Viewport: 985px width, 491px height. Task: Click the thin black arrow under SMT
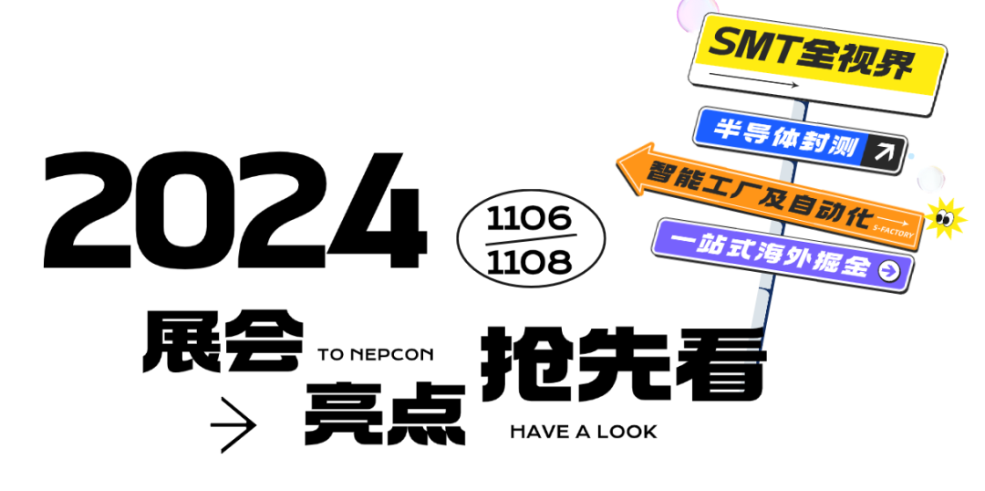click(x=753, y=80)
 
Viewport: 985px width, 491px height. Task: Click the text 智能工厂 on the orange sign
click(x=703, y=182)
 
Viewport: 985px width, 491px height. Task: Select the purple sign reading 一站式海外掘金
click(x=771, y=254)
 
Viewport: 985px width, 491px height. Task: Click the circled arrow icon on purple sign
click(x=888, y=270)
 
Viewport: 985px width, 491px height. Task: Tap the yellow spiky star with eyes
click(x=945, y=219)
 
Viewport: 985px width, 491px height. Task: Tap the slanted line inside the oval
click(x=531, y=239)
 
